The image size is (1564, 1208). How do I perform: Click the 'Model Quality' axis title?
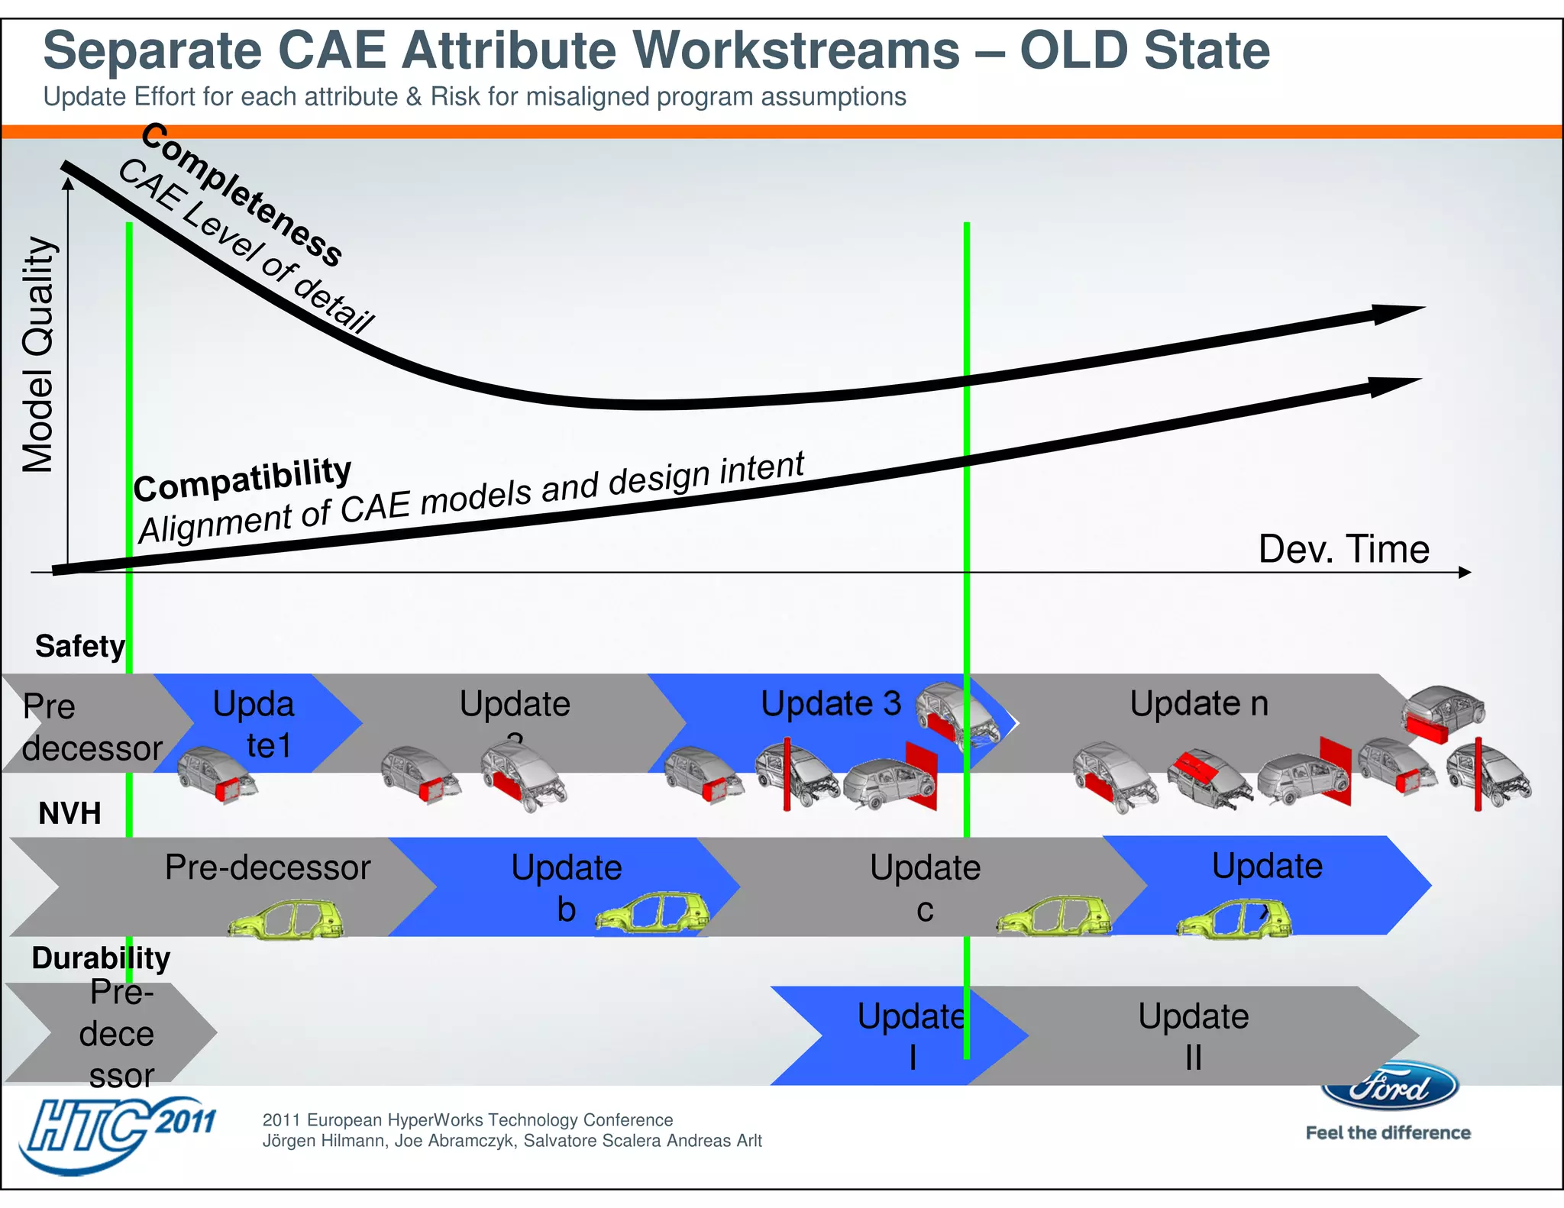click(x=38, y=355)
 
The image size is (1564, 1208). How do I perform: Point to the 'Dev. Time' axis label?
click(x=1343, y=549)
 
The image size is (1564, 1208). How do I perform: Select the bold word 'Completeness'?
click(x=241, y=194)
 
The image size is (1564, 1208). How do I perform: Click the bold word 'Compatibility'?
click(x=242, y=480)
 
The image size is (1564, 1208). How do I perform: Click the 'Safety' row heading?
click(x=79, y=647)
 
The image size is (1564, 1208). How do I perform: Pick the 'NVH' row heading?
click(x=69, y=813)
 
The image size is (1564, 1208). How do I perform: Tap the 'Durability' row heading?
click(x=101, y=958)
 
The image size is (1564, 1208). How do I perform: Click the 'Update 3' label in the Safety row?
click(x=831, y=703)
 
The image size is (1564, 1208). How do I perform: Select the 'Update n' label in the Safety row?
click(x=1198, y=703)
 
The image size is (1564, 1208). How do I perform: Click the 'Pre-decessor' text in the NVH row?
click(x=267, y=867)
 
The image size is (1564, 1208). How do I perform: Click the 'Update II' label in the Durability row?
click(x=1193, y=1036)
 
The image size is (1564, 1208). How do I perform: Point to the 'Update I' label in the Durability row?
click(x=910, y=1036)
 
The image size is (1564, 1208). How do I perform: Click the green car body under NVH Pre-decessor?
click(x=286, y=920)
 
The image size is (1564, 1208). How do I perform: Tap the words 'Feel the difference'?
click(x=1388, y=1133)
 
